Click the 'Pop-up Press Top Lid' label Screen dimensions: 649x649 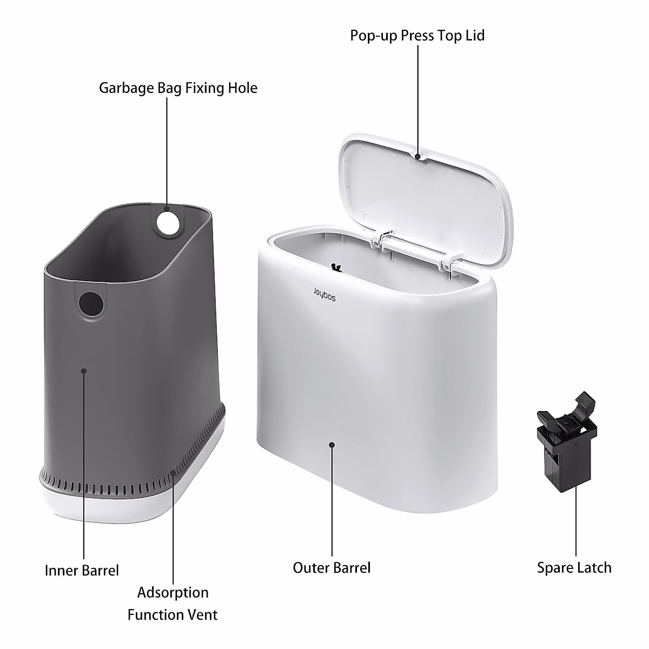417,36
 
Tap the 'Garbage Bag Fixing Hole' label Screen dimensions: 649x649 178,88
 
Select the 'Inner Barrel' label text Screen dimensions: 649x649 82,570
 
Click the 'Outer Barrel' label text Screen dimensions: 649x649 332,567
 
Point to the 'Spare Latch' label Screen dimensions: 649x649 574,567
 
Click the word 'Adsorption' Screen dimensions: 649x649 173,592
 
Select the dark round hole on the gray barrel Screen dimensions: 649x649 90,304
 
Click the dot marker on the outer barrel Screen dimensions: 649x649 332,445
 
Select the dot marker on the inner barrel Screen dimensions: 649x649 83,371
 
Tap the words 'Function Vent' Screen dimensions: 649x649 173,615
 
